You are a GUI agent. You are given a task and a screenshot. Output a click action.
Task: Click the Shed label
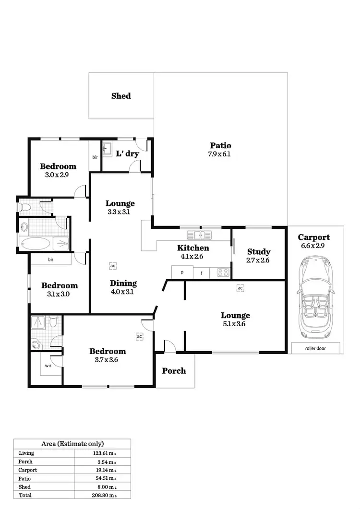(x=121, y=96)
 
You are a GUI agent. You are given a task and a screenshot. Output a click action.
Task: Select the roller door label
(x=315, y=348)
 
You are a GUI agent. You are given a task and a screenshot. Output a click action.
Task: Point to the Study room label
(x=259, y=252)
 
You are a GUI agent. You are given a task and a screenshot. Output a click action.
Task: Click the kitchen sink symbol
(x=200, y=235)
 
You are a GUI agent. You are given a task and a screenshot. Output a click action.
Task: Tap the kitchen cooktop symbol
(x=223, y=272)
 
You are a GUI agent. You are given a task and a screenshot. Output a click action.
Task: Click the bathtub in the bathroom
(x=35, y=244)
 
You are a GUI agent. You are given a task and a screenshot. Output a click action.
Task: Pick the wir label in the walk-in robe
(x=48, y=365)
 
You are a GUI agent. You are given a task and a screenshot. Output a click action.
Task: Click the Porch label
(x=174, y=371)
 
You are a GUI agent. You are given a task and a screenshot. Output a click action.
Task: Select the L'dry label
(x=128, y=154)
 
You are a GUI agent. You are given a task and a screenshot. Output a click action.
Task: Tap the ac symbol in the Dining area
(x=113, y=265)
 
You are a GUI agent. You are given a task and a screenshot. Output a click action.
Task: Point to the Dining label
(x=123, y=283)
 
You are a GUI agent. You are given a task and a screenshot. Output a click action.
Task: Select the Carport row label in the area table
(x=28, y=470)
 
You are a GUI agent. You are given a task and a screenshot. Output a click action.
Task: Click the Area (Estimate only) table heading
(x=72, y=444)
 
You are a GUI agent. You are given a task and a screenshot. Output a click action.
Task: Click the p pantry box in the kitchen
(x=182, y=272)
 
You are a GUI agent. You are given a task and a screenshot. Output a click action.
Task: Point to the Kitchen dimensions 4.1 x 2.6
(x=193, y=257)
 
